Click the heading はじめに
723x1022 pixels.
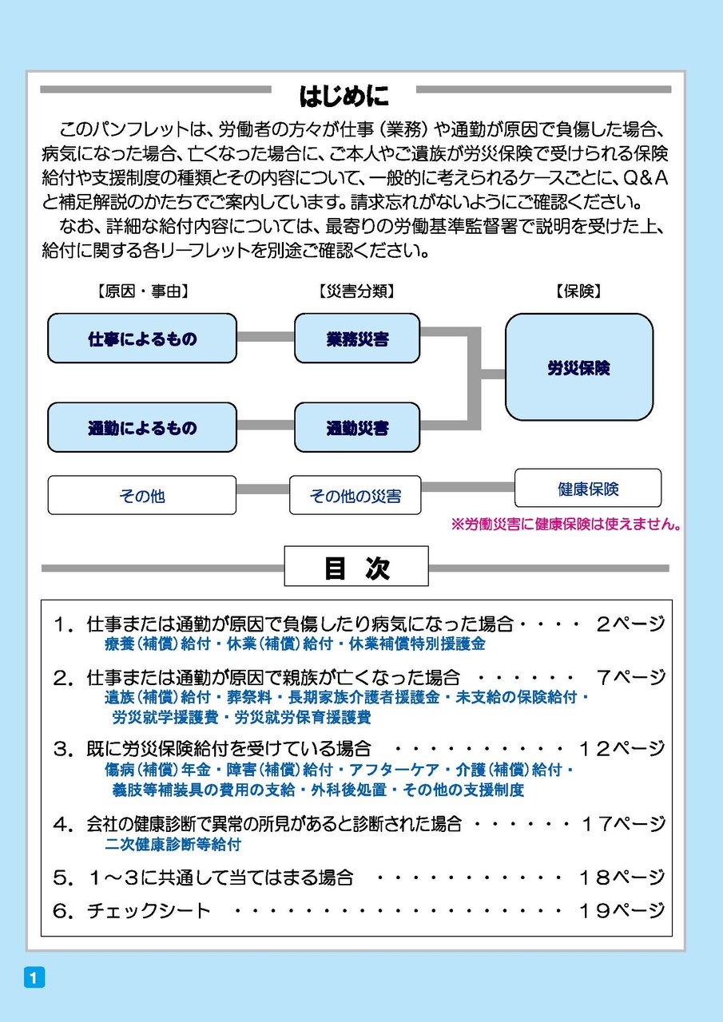coord(344,96)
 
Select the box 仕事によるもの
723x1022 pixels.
coord(142,338)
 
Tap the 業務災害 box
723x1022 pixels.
coord(357,338)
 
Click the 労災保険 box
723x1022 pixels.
coord(578,366)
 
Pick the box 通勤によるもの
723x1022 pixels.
coord(142,427)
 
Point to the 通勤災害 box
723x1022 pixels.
coord(357,427)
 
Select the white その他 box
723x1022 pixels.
coord(142,495)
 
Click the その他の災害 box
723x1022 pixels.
coord(356,495)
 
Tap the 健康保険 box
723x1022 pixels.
coord(588,488)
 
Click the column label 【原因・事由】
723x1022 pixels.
coord(142,291)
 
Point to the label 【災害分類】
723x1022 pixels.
coord(357,291)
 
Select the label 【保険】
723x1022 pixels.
coord(578,291)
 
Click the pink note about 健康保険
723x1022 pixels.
coord(566,525)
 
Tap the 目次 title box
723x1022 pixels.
coord(356,566)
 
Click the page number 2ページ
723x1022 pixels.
coord(630,624)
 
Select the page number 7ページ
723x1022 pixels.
coord(630,678)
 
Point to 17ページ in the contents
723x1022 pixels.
coord(622,823)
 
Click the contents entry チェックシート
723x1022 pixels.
coord(149,909)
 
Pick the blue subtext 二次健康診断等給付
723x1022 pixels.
coord(173,844)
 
